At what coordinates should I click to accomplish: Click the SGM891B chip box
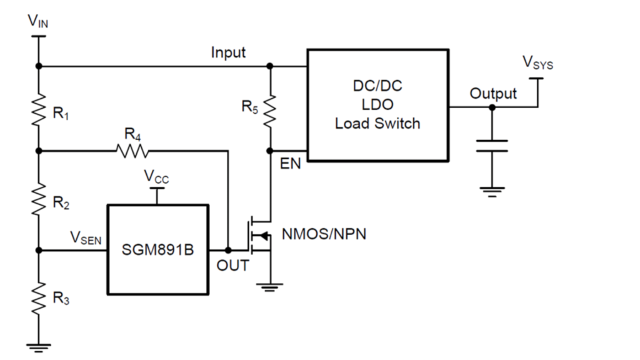pyautogui.click(x=157, y=249)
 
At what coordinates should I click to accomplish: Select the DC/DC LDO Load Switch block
pyautogui.click(x=377, y=105)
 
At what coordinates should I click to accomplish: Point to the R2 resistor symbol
pyautogui.click(x=39, y=199)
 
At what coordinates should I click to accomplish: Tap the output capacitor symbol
pyautogui.click(x=492, y=146)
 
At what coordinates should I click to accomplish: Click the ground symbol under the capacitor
pyautogui.click(x=492, y=191)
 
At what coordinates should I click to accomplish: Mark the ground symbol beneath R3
pyautogui.click(x=39, y=344)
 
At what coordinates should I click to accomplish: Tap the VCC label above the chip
pyautogui.click(x=157, y=177)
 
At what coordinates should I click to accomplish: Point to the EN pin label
pyautogui.click(x=291, y=164)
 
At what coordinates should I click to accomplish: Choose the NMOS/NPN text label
pyautogui.click(x=324, y=235)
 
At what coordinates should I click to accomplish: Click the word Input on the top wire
pyautogui.click(x=228, y=52)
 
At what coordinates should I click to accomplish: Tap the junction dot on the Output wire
pyautogui.click(x=492, y=107)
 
